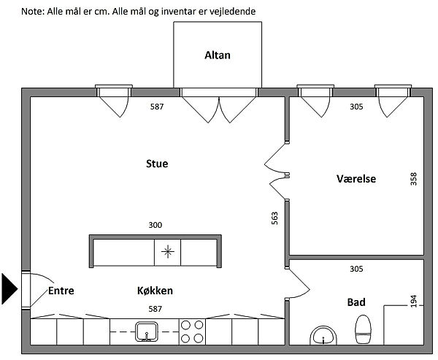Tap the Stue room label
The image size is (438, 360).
click(x=157, y=164)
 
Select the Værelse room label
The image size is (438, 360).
click(x=356, y=178)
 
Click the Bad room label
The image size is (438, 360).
click(x=356, y=302)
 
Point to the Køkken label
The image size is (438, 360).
click(x=155, y=291)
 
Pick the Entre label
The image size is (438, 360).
click(x=61, y=291)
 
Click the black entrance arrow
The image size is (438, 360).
click(x=9, y=288)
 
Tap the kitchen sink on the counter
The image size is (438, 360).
click(x=147, y=332)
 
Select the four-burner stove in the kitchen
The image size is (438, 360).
click(x=191, y=332)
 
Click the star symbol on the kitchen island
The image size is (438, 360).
click(x=167, y=252)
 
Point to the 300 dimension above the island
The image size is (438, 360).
click(x=155, y=226)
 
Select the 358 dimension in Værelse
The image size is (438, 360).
click(x=414, y=179)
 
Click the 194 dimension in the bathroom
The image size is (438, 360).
click(x=414, y=300)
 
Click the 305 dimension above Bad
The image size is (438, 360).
click(x=356, y=269)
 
